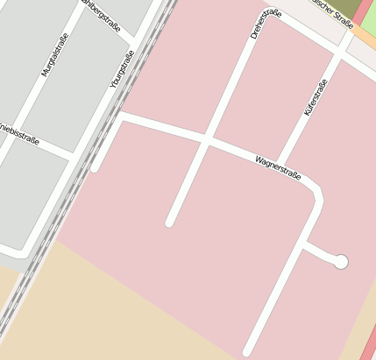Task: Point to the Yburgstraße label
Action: pyautogui.click(x=121, y=69)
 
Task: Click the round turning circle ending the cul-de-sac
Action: pyautogui.click(x=341, y=261)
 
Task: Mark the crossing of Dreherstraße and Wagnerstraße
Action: pyautogui.click(x=206, y=139)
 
